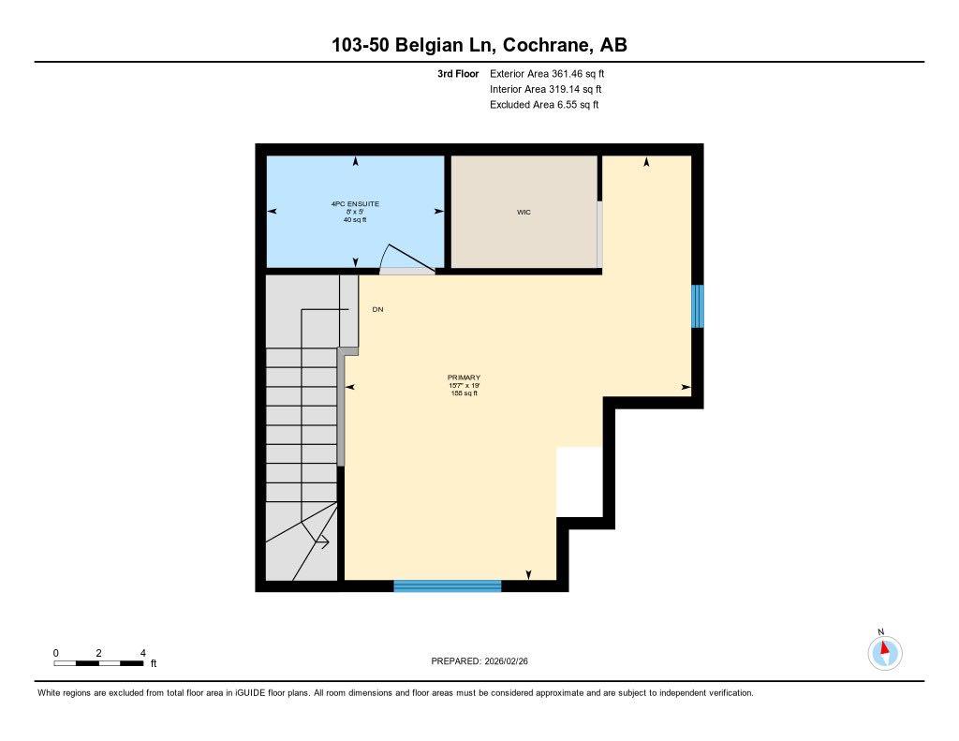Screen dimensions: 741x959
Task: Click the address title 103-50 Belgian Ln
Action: point(479,45)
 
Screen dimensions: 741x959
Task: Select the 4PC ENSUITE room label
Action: point(355,203)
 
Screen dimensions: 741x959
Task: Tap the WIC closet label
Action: point(524,213)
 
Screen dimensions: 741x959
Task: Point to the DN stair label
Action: point(377,309)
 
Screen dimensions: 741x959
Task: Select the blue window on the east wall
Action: point(697,306)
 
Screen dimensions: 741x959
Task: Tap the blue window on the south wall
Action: point(447,586)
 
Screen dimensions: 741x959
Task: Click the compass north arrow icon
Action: point(884,650)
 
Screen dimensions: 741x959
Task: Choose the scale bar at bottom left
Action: point(98,663)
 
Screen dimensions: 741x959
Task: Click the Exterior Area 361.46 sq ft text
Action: point(553,73)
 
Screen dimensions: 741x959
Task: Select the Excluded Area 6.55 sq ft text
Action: point(544,105)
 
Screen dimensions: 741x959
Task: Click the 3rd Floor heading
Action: point(458,73)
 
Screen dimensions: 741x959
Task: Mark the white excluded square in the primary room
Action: point(579,482)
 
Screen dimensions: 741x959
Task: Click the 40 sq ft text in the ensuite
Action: point(355,219)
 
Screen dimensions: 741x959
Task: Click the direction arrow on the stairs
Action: point(321,541)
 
